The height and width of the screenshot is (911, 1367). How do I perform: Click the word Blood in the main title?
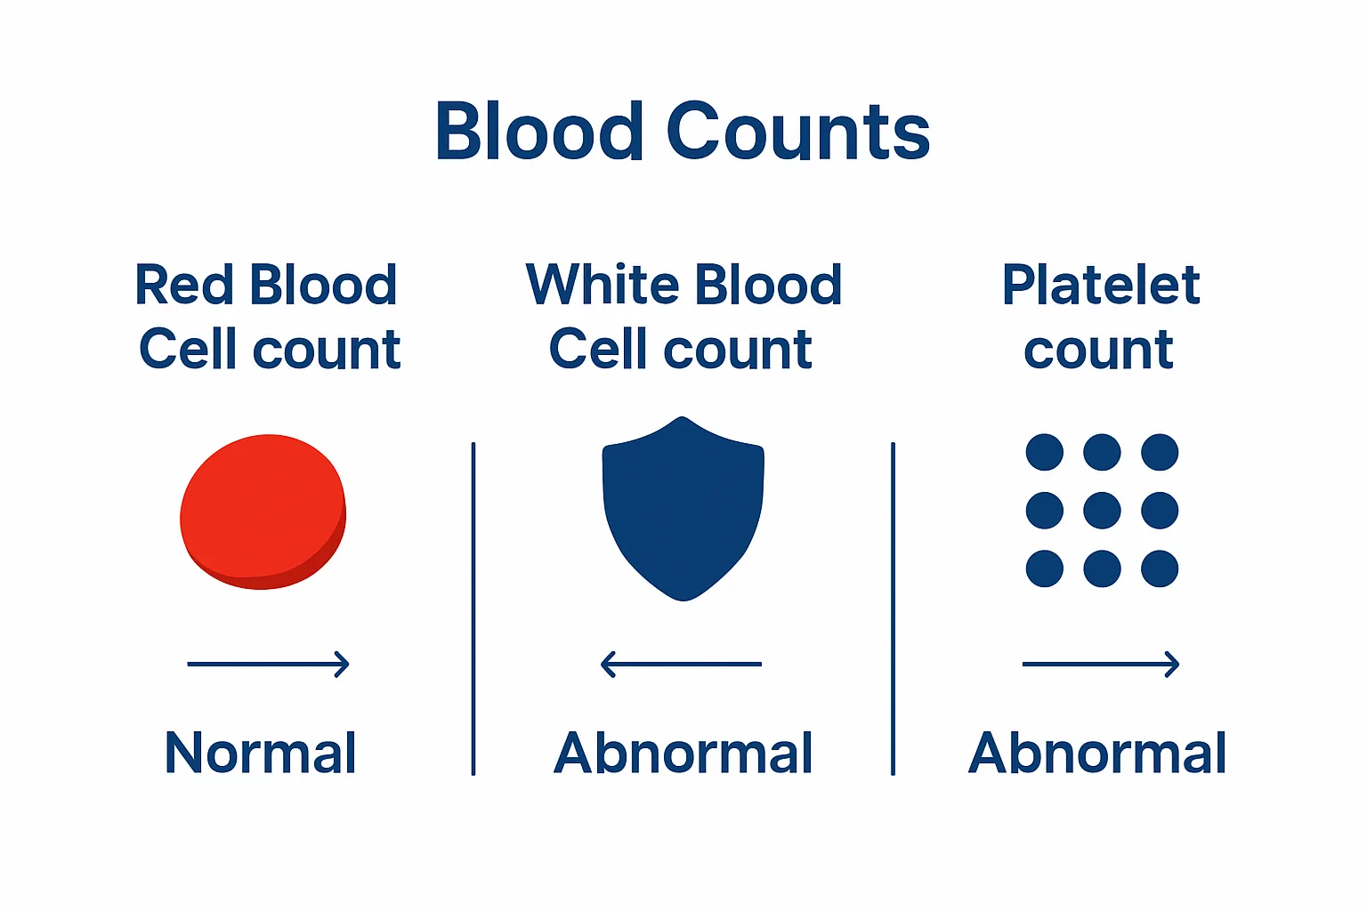pyautogui.click(x=538, y=132)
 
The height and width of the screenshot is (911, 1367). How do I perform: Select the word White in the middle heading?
pyautogui.click(x=602, y=286)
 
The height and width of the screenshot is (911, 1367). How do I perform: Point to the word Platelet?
pyautogui.click(x=1101, y=286)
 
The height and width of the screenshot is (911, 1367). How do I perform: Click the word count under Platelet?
pyautogui.click(x=1098, y=351)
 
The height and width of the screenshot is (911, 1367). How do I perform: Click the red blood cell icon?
pyautogui.click(x=263, y=512)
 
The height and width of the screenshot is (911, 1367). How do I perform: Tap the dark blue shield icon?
pyautogui.click(x=683, y=507)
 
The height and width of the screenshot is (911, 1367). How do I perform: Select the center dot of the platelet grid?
pyautogui.click(x=1102, y=511)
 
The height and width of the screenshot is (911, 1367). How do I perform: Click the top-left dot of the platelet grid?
pyautogui.click(x=1044, y=452)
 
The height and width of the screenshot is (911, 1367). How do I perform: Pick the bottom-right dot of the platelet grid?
pyautogui.click(x=1160, y=568)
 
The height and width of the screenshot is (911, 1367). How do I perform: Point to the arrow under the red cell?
pyautogui.click(x=268, y=664)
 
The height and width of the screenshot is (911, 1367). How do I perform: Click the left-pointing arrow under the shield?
pyautogui.click(x=681, y=664)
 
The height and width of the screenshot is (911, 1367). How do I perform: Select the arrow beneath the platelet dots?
pyautogui.click(x=1100, y=664)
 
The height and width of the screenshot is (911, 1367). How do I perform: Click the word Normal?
pyautogui.click(x=261, y=754)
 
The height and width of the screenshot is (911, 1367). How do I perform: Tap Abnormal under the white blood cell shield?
pyautogui.click(x=683, y=754)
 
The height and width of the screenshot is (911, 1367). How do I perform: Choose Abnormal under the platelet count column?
pyautogui.click(x=1097, y=754)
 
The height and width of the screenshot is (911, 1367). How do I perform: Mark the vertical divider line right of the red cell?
pyautogui.click(x=473, y=609)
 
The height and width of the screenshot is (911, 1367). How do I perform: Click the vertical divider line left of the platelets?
pyautogui.click(x=893, y=609)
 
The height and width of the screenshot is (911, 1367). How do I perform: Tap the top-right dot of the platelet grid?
pyautogui.click(x=1160, y=452)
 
